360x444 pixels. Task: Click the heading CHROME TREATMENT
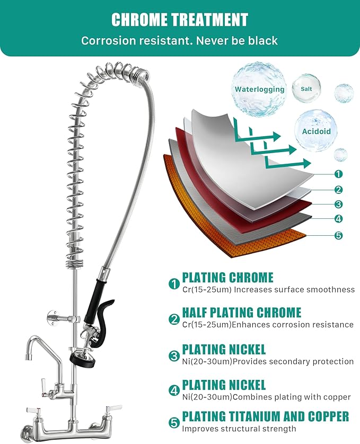pyautogui.click(x=180, y=20)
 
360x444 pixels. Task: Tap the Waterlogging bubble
pyautogui.click(x=259, y=88)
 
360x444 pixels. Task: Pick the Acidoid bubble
pyautogui.click(x=316, y=130)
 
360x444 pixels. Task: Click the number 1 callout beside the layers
pyautogui.click(x=339, y=174)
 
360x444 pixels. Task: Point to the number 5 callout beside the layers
pyautogui.click(x=339, y=235)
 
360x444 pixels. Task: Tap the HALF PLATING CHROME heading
pyautogui.click(x=241, y=312)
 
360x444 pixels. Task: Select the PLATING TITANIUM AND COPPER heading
pyautogui.click(x=265, y=416)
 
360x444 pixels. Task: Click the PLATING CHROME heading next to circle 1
pyautogui.click(x=227, y=277)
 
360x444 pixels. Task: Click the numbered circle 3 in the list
pyautogui.click(x=174, y=356)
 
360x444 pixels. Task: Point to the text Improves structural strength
pyautogui.click(x=239, y=429)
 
